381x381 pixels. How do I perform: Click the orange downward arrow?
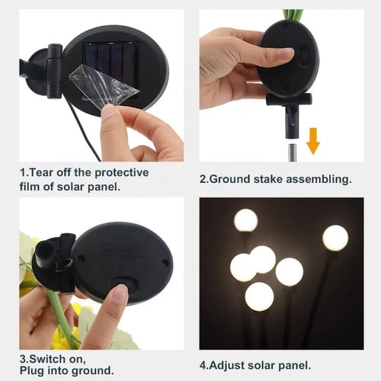click(x=313, y=140)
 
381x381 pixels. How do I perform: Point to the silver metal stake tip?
click(x=292, y=152)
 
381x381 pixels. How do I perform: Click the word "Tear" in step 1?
click(x=42, y=173)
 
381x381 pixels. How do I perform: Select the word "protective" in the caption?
click(x=122, y=173)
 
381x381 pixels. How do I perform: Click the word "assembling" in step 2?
click(x=319, y=180)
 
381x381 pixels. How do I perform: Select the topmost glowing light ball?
click(x=245, y=220)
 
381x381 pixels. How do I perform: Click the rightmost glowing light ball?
click(x=335, y=238)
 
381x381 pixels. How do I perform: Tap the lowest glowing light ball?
click(x=259, y=296)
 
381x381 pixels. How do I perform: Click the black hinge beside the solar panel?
click(x=54, y=71)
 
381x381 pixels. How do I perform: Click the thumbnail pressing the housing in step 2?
click(x=287, y=53)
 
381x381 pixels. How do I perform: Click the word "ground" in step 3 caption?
click(x=92, y=371)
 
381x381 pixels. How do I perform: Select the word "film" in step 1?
click(x=29, y=187)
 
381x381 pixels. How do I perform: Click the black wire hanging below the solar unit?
click(x=84, y=130)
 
